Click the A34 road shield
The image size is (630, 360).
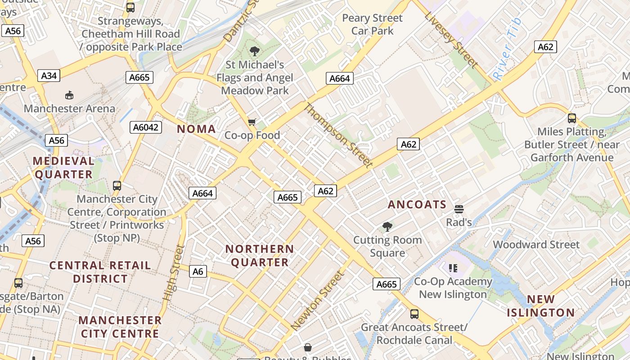coord(49,76)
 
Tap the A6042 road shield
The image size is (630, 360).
coord(146,127)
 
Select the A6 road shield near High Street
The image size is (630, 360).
coord(198,271)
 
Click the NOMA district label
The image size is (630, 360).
coord(196,129)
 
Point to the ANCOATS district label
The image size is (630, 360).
coord(417,205)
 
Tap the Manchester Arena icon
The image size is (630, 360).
coord(69,95)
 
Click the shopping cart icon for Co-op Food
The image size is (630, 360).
coord(252,122)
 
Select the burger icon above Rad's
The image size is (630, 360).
coord(459,209)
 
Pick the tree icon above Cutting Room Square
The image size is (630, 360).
coord(387,227)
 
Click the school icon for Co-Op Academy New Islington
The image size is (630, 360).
coord(453,269)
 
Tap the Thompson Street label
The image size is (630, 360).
coord(339,135)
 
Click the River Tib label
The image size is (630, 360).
coord(507,49)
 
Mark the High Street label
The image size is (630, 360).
coord(174,273)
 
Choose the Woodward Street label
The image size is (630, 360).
coord(536,245)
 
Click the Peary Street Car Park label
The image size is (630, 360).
coord(373,24)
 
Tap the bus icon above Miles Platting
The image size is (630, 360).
coord(571,118)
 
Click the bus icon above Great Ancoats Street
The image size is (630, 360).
coord(414,314)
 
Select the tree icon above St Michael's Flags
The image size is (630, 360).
coord(255,51)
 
